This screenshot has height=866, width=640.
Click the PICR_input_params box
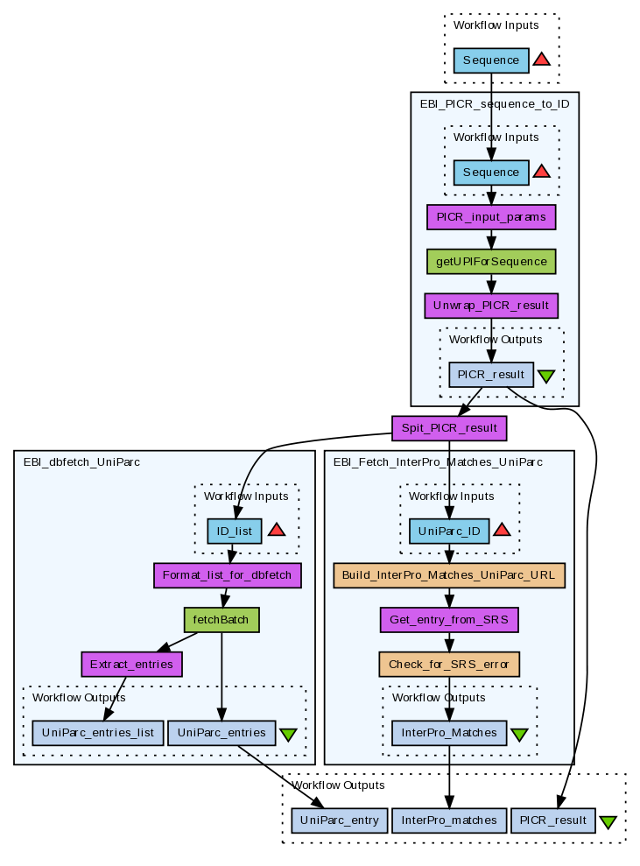click(490, 216)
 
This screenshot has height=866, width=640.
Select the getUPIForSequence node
click(490, 261)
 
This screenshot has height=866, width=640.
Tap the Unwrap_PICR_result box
click(490, 306)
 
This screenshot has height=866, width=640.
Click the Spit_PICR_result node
click(448, 428)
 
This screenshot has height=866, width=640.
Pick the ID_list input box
click(234, 531)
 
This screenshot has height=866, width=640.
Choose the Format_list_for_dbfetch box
click(228, 575)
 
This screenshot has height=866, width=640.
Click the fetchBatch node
click(221, 620)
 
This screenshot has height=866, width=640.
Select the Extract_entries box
click(131, 665)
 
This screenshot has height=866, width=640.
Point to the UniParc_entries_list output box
click(98, 732)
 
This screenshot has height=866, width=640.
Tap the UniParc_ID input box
click(449, 531)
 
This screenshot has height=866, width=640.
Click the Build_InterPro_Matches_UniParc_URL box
click(449, 575)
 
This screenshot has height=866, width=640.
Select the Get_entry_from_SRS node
click(449, 620)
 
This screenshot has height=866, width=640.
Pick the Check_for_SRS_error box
click(449, 665)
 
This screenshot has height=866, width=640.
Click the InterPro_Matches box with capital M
click(449, 732)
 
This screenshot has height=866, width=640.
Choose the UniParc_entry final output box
click(339, 820)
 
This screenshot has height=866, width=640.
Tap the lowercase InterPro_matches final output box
click(449, 820)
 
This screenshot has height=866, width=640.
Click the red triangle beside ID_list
click(277, 530)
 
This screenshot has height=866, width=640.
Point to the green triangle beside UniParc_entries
click(288, 733)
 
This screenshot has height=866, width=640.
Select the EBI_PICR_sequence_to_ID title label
click(495, 103)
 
